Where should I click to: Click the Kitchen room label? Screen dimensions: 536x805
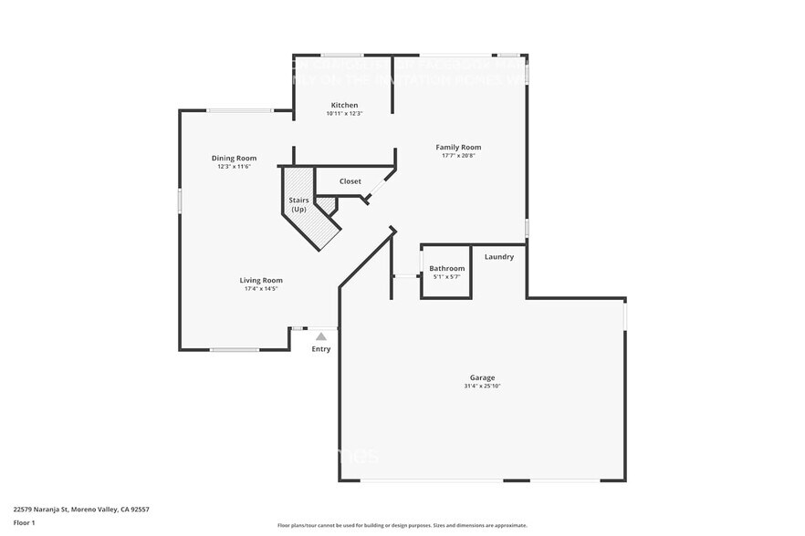pyautogui.click(x=344, y=105)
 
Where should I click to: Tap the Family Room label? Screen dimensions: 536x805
pyautogui.click(x=458, y=147)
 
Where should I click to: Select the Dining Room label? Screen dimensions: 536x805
pyautogui.click(x=234, y=158)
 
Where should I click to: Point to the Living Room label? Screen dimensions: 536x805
pyautogui.click(x=261, y=280)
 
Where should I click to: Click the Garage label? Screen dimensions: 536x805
pyautogui.click(x=482, y=376)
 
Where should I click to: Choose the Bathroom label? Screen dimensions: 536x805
pyautogui.click(x=447, y=268)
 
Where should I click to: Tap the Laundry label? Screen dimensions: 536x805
pyautogui.click(x=498, y=256)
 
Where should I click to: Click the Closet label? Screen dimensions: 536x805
pyautogui.click(x=350, y=181)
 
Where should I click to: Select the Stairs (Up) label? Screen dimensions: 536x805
pyautogui.click(x=298, y=204)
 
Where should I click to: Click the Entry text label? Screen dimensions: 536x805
pyautogui.click(x=321, y=349)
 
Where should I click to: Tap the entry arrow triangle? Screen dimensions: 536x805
pyautogui.click(x=321, y=336)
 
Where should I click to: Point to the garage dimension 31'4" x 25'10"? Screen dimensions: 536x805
pyautogui.click(x=482, y=387)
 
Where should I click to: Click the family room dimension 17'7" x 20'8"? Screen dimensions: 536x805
pyautogui.click(x=458, y=156)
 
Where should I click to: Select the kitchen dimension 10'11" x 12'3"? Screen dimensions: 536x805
pyautogui.click(x=344, y=114)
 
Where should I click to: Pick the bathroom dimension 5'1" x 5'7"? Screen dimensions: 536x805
pyautogui.click(x=447, y=276)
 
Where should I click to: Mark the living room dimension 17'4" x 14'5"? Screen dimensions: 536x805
pyautogui.click(x=261, y=289)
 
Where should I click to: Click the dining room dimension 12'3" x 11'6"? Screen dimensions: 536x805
pyautogui.click(x=234, y=167)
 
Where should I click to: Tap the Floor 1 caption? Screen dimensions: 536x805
pyautogui.click(x=24, y=522)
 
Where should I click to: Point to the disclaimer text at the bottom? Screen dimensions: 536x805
pyautogui.click(x=402, y=525)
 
